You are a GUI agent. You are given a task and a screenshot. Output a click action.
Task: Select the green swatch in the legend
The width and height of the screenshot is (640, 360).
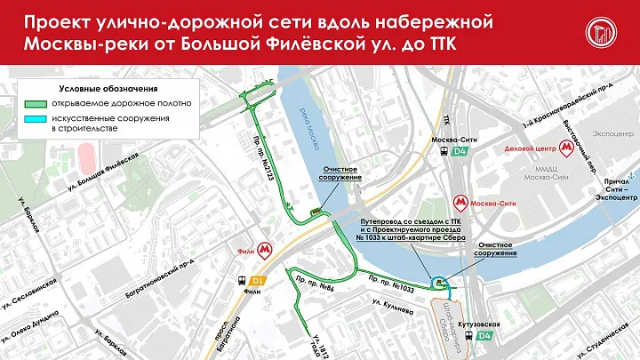[36, 104]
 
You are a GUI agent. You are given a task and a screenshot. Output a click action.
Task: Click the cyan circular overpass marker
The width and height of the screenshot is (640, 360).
[437, 281]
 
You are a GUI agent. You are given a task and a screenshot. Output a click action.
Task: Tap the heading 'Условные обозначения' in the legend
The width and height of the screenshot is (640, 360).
[96, 89]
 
